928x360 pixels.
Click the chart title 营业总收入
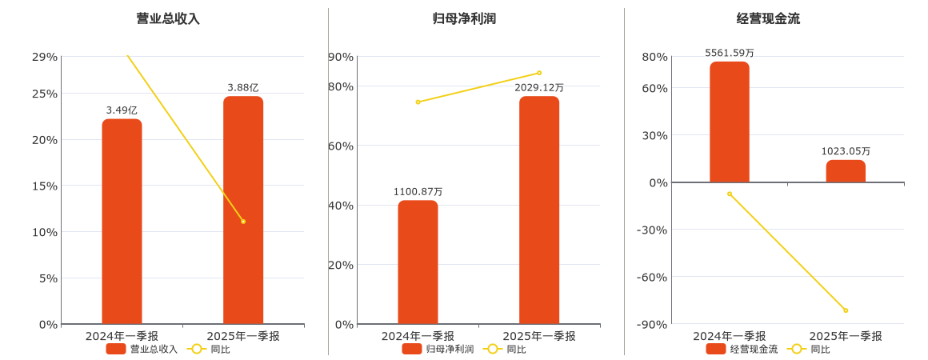point(168,18)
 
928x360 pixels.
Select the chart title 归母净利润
point(464,18)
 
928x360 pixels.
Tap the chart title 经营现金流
point(768,18)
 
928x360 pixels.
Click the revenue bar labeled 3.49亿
point(122,222)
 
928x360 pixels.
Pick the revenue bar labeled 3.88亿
point(243,210)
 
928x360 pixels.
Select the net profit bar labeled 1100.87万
point(418,262)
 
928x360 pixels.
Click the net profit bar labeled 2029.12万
point(539,210)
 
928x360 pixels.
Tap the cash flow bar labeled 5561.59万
point(729,122)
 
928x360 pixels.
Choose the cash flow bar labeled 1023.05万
point(846,171)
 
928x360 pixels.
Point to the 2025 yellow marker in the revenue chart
point(243,222)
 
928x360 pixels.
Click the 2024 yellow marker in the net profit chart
point(418,102)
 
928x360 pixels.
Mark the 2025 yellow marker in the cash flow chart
point(846,310)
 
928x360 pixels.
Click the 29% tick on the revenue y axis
point(45,57)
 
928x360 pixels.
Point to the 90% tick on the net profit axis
point(341,57)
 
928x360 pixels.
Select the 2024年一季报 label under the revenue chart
point(122,336)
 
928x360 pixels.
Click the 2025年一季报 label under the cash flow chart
point(846,336)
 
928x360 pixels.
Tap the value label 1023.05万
point(846,151)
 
